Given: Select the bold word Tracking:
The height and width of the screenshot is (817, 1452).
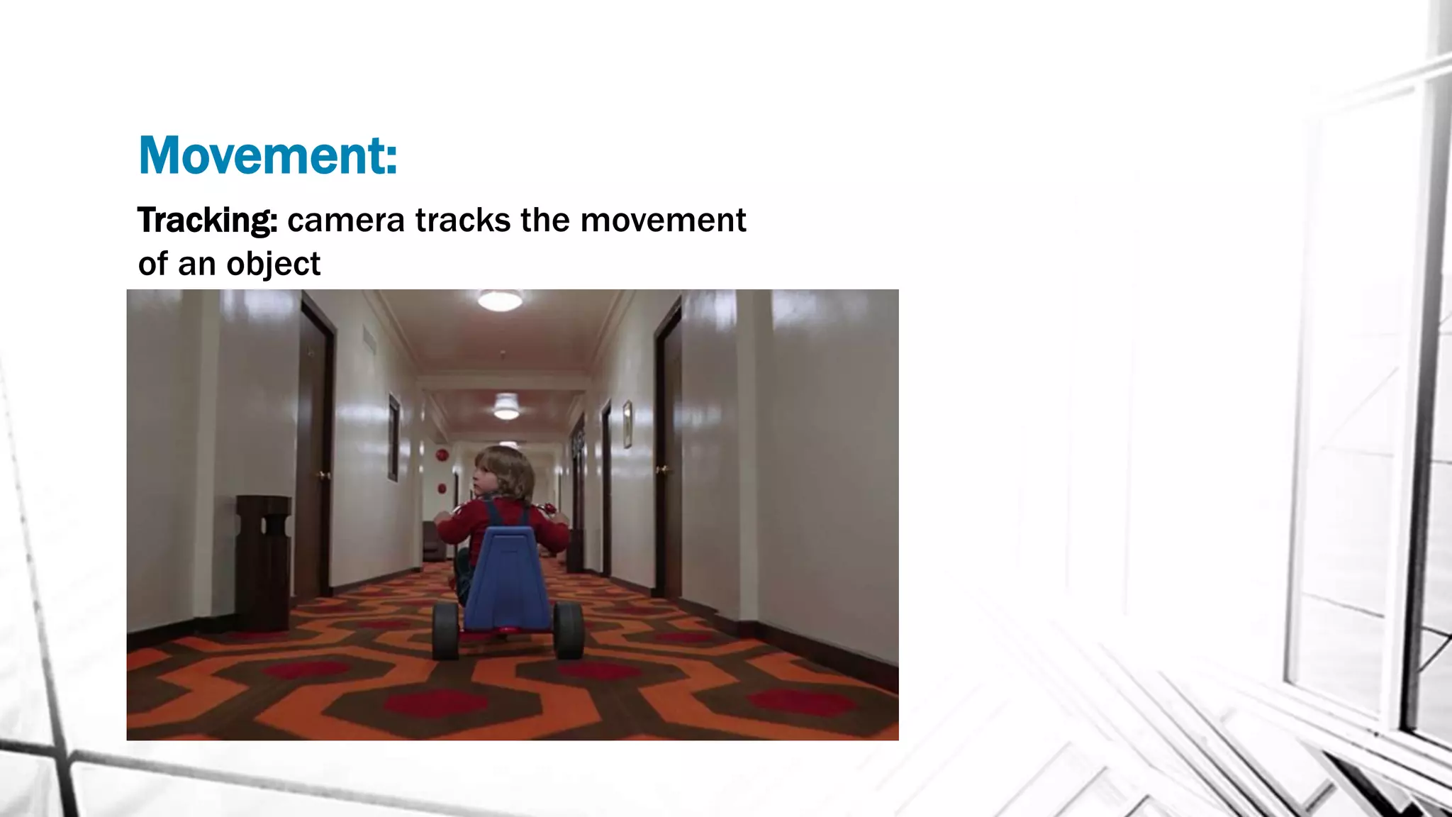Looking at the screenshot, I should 207,221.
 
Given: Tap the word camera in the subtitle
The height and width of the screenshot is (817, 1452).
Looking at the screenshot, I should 346,221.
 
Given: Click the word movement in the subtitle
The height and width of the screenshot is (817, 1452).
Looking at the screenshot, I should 663,221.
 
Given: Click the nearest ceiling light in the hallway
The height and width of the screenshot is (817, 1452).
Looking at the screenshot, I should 500,300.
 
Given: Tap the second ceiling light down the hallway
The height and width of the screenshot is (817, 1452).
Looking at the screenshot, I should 506,407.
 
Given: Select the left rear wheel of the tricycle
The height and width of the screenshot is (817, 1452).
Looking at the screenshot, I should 446,630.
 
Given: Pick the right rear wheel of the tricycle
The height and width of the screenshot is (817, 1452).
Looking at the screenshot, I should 569,630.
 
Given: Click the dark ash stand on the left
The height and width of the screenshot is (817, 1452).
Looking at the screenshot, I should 263,560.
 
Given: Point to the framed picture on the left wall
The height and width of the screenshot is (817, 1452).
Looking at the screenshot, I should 393,438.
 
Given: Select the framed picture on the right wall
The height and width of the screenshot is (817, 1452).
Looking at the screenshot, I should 627,424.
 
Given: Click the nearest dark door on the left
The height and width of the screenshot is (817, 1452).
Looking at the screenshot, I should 316,447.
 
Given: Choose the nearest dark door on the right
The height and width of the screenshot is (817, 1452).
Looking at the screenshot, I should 669,454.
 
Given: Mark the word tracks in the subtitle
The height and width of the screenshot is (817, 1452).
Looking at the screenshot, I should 462,221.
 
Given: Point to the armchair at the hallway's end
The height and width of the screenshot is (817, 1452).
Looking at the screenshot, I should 432,541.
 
